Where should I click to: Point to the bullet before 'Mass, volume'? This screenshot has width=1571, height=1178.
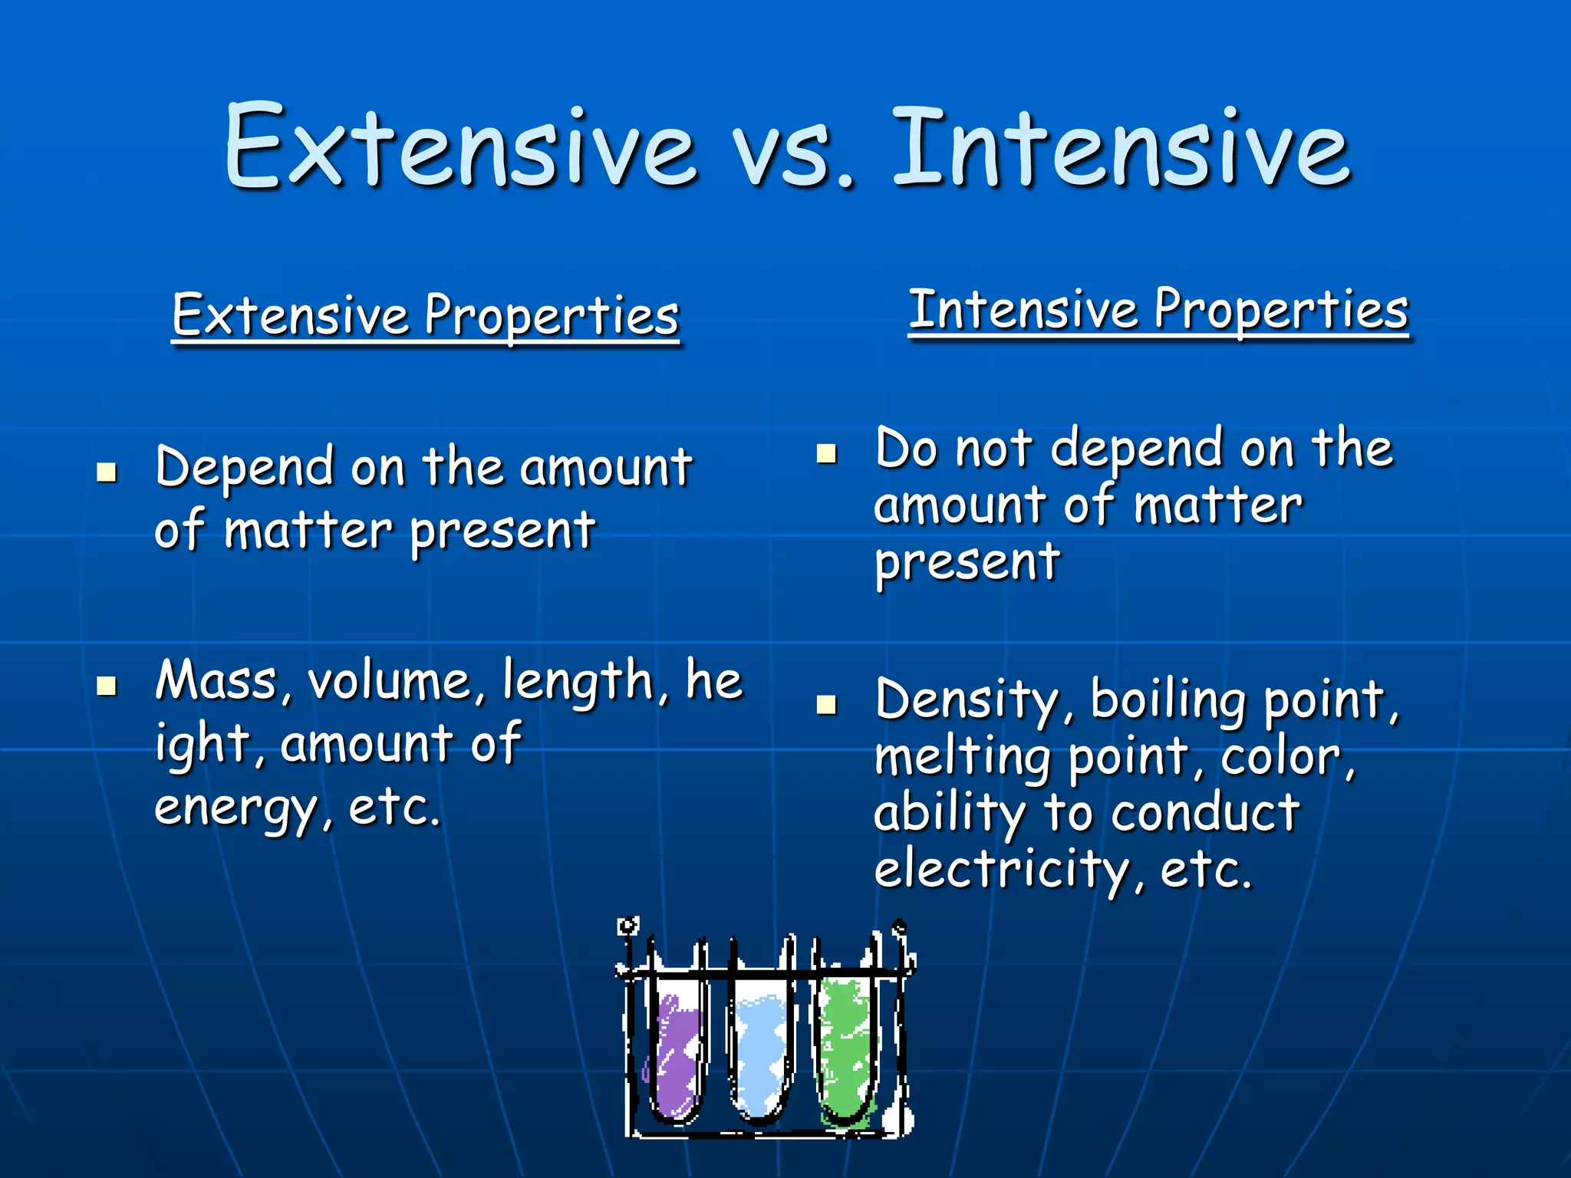pos(107,685)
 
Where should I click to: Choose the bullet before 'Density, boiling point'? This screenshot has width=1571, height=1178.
pos(826,703)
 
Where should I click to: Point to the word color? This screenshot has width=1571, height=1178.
pos(1286,758)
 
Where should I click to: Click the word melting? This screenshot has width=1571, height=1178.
pos(962,758)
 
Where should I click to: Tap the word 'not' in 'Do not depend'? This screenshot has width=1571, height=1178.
pos(994,449)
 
